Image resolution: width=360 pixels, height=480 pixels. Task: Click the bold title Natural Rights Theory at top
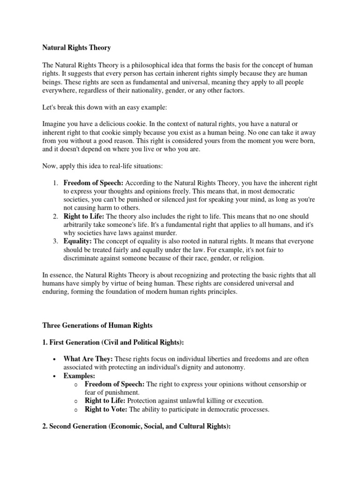(x=76, y=47)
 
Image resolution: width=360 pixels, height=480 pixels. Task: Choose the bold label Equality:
(x=78, y=241)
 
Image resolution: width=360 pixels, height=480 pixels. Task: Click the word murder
(x=164, y=233)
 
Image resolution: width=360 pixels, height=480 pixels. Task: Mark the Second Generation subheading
(x=136, y=427)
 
